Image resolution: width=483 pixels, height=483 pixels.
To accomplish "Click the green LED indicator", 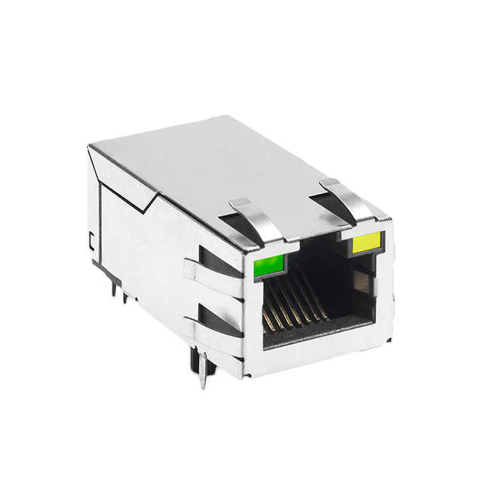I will pyautogui.click(x=269, y=265).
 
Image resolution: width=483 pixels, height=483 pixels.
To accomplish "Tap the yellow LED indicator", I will pyautogui.click(x=367, y=244).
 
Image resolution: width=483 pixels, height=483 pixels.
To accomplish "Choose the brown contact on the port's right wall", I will pyautogui.click(x=360, y=285).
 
